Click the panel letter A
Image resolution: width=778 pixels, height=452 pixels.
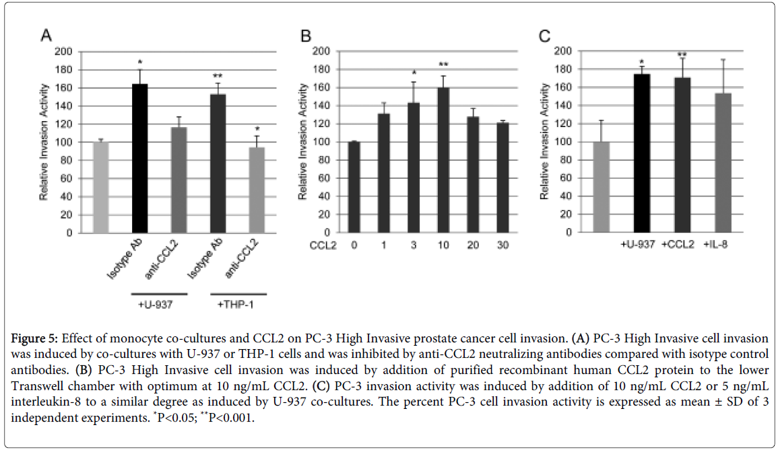pyautogui.click(x=46, y=36)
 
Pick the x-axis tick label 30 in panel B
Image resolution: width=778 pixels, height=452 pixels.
pyautogui.click(x=503, y=246)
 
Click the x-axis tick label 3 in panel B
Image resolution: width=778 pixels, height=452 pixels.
pyautogui.click(x=414, y=246)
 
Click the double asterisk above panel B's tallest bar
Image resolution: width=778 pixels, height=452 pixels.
pyautogui.click(x=443, y=65)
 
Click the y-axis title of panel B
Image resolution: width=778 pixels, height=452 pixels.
pyautogui.click(x=304, y=141)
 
